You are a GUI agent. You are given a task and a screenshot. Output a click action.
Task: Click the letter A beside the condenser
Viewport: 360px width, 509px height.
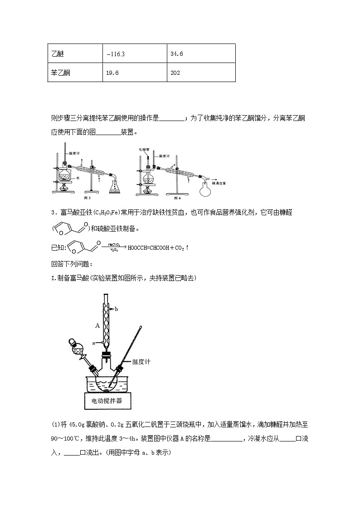(x=97, y=325)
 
